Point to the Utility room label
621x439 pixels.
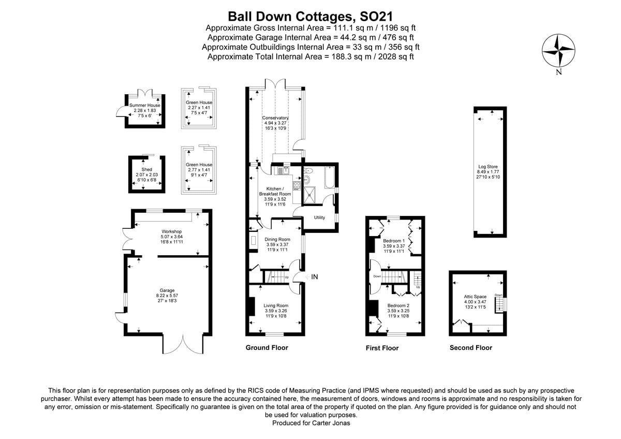tap(319, 217)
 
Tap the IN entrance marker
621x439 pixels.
tap(314, 277)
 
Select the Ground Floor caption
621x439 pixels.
tap(267, 347)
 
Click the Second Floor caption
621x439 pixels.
tap(471, 347)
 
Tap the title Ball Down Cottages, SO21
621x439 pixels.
tap(310, 17)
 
